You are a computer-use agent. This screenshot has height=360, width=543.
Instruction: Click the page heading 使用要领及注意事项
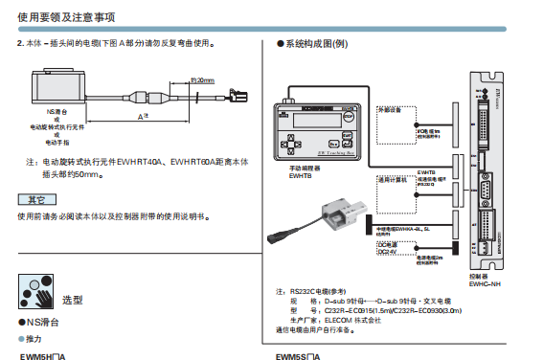coord(57,17)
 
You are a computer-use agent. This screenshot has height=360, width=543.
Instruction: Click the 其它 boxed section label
coord(35,199)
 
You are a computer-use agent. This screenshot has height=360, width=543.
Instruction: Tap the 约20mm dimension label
coord(202,81)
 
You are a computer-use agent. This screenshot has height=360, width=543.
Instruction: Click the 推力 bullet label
coord(32,339)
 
